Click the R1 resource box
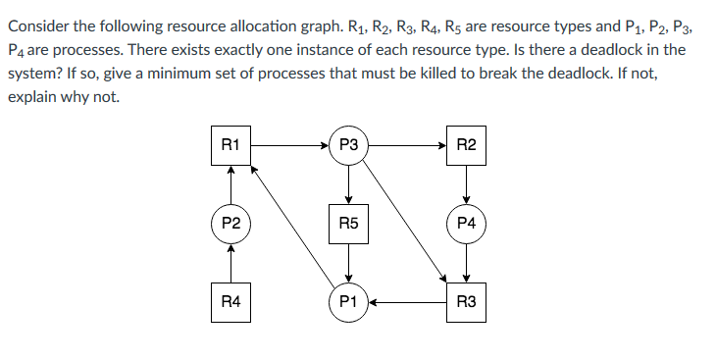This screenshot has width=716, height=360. tap(230, 146)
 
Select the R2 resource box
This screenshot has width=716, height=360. tap(466, 146)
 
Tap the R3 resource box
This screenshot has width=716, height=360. tap(466, 301)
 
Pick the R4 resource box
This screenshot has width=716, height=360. tap(230, 301)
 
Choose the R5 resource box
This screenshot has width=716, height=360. tap(348, 224)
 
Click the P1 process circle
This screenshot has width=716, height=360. tap(348, 301)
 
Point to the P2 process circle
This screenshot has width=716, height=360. tap(230, 224)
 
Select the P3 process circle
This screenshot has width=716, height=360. tap(348, 146)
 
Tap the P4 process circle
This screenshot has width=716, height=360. tap(466, 224)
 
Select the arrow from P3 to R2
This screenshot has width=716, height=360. tap(407, 146)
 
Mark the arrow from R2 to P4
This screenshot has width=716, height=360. tap(466, 184)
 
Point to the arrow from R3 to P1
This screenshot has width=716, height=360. tap(407, 301)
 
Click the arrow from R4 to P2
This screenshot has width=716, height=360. tap(230, 262)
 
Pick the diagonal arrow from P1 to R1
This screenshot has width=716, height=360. tap(291, 225)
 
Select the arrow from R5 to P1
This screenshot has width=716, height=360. tap(348, 262)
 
